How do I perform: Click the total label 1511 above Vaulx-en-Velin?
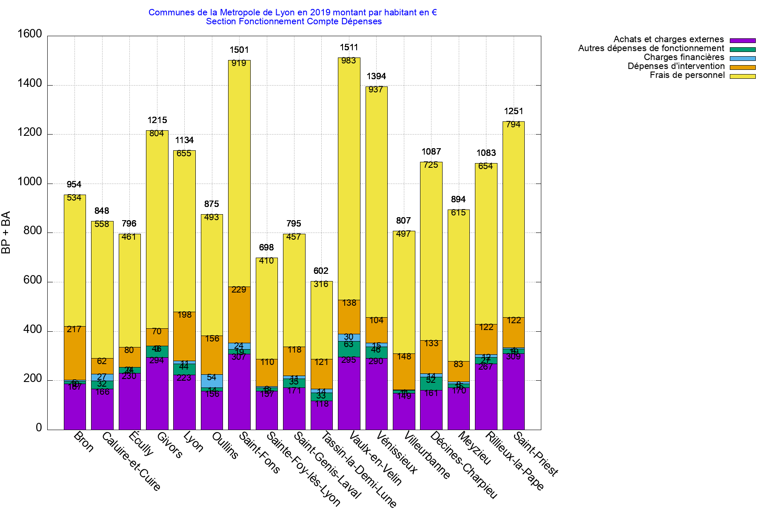click(x=349, y=47)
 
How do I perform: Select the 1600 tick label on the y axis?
click(x=30, y=34)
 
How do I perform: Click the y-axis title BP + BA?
click(x=6, y=233)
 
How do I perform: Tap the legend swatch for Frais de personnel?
click(x=743, y=76)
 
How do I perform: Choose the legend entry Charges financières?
click(x=684, y=57)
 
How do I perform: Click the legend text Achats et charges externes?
click(x=669, y=40)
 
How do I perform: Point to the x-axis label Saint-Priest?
click(x=536, y=454)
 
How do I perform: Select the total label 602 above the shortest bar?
click(x=321, y=271)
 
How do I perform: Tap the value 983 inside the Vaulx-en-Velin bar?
click(x=349, y=60)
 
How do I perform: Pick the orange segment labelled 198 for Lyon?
click(x=184, y=336)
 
